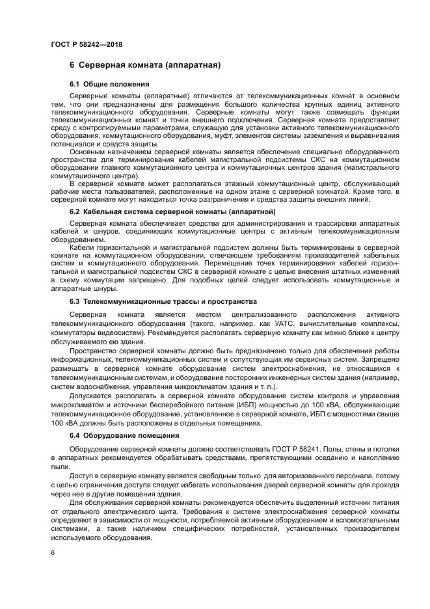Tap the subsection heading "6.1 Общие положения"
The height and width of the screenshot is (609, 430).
coord(109,85)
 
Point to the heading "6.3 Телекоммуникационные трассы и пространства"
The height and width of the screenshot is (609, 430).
coord(163,301)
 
